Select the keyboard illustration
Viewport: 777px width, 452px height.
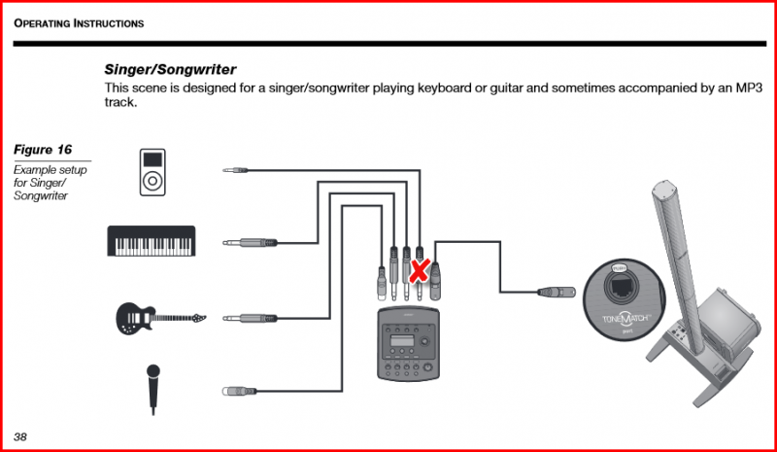coord(151,241)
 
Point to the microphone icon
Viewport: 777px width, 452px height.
coord(153,388)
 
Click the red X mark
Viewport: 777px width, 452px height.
coord(419,271)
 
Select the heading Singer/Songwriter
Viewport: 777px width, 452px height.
coord(171,70)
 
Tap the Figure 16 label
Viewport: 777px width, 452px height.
coord(43,150)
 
